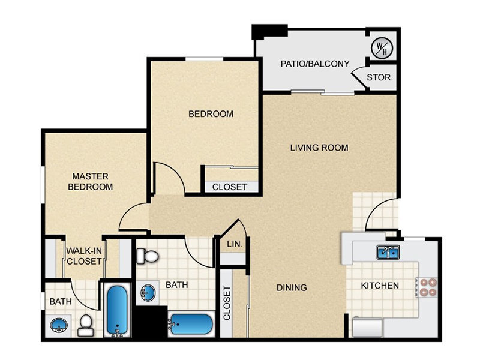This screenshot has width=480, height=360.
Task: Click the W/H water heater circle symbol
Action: click(382, 48)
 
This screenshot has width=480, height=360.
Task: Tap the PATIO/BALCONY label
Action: click(315, 64)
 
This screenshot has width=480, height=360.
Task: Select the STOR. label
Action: click(380, 77)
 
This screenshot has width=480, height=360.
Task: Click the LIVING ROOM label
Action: click(319, 148)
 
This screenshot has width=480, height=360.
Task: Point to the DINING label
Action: click(292, 287)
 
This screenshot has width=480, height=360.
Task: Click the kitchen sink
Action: click(388, 252)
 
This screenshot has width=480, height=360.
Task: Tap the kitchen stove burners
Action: click(428, 287)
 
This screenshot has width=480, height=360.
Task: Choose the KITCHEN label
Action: click(380, 286)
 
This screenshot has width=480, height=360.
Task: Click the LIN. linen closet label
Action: click(235, 244)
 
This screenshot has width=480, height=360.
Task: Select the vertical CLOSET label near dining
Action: click(227, 303)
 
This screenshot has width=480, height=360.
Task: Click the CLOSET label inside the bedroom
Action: click(230, 187)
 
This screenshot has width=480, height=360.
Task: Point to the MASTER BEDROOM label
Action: click(91, 182)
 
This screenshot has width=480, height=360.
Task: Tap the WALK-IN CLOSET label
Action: click(84, 256)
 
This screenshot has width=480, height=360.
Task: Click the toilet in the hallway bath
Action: click(147, 256)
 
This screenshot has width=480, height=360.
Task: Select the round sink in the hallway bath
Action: click(148, 293)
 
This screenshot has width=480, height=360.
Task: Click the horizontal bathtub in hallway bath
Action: click(191, 324)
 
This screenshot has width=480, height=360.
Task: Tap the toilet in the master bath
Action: click(85, 325)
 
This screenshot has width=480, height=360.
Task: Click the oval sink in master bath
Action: click(58, 325)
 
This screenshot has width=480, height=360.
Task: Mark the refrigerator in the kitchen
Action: click(367, 328)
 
